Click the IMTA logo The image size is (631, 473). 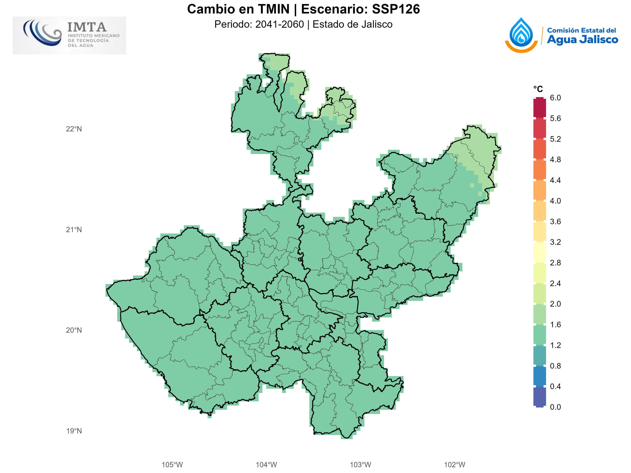69,35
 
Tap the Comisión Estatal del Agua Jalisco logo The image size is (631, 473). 561,35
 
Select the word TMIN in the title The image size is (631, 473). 274,9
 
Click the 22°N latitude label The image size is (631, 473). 74,129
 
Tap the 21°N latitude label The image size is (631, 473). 74,230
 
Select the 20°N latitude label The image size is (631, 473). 74,330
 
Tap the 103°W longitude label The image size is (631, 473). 360,465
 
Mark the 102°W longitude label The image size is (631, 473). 454,465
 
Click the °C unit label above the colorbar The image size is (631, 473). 538,89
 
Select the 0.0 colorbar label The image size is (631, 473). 555,407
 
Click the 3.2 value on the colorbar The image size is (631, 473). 555,242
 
